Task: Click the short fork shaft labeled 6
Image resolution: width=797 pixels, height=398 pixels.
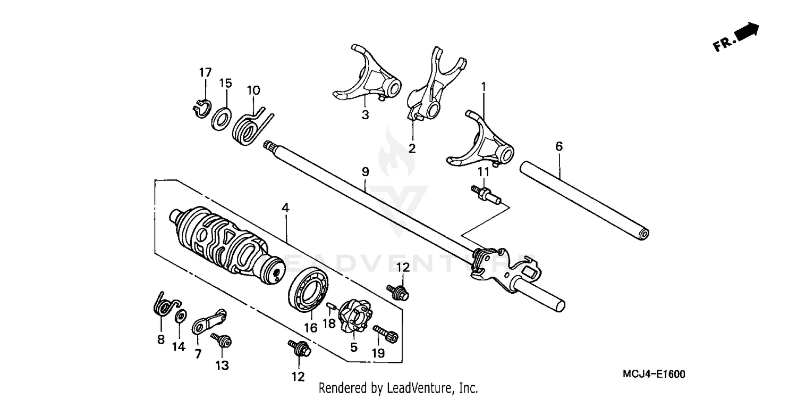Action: [584, 200]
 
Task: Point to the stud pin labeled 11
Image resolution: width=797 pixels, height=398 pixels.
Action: [484, 194]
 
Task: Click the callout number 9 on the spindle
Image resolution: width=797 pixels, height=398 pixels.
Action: [365, 172]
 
